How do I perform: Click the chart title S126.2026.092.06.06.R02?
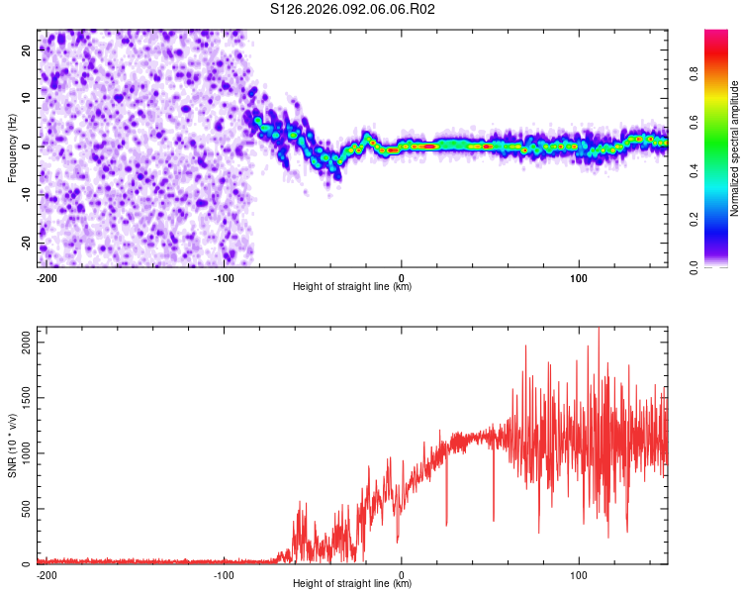click(353, 9)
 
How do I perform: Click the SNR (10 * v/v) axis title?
click(12, 446)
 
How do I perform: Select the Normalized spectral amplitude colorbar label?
click(734, 148)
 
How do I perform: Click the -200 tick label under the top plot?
click(46, 277)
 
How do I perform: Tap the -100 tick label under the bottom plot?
click(224, 574)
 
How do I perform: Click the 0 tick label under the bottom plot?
click(402, 574)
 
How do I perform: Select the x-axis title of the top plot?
click(352, 287)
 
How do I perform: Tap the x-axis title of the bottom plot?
click(352, 584)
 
